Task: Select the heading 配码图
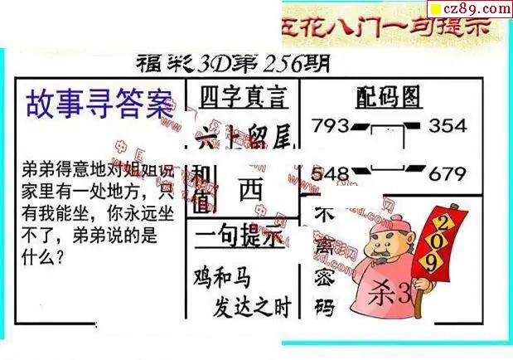[387, 98]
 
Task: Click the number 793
[330, 127]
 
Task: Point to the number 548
[330, 174]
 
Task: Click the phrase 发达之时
[254, 307]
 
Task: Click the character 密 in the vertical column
[324, 275]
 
